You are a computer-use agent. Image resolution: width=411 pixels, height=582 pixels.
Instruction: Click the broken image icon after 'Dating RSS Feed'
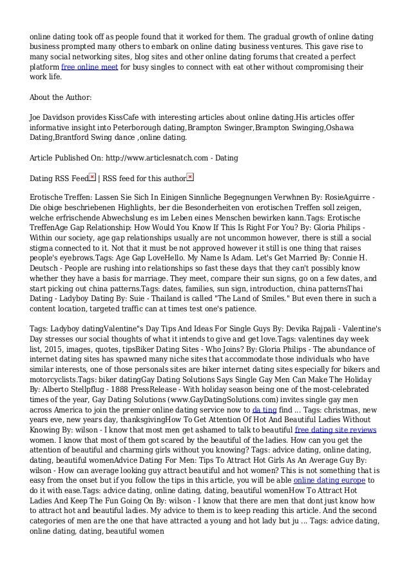coord(92,177)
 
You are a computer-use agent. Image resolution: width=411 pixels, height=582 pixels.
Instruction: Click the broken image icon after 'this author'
coord(189,177)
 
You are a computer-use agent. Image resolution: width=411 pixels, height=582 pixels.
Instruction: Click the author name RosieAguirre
coord(349,197)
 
